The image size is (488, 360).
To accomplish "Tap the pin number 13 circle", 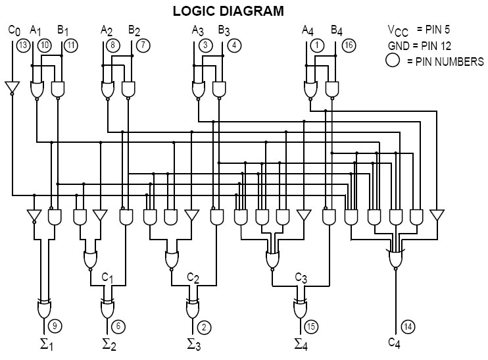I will coord(23,45).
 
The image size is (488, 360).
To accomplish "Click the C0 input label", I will coord(14,30).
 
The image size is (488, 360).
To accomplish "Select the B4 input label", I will coord(336,30).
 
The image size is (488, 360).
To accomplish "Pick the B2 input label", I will coord(134,30).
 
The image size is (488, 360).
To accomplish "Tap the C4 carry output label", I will coord(395,342).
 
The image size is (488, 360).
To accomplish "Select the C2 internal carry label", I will coord(193,277).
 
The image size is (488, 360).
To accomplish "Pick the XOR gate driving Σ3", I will coord(192,307).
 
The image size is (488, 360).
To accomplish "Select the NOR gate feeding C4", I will coord(395,259).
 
